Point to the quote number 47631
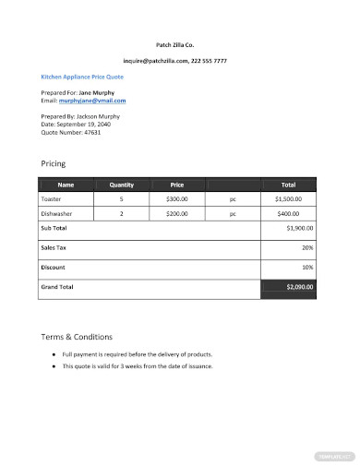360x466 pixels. (88, 132)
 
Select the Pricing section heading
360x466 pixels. (54, 162)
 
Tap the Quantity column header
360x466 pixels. (121, 184)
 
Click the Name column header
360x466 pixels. (65, 184)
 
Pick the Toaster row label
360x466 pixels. (51, 198)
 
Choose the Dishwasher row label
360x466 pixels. (55, 213)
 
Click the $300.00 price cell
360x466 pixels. (176, 198)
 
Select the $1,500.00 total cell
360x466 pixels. (289, 198)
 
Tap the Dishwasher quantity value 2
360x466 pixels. (121, 213)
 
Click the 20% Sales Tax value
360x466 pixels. (307, 247)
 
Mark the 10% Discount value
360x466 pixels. (307, 267)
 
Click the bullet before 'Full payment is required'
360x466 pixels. (53, 354)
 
